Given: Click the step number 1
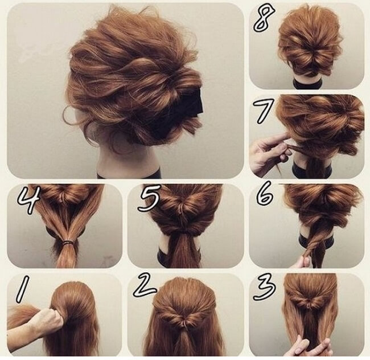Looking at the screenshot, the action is click(x=22, y=289).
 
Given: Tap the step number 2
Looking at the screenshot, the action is click(x=144, y=285).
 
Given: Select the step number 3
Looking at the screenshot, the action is click(x=264, y=287).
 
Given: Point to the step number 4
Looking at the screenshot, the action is click(x=28, y=199).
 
